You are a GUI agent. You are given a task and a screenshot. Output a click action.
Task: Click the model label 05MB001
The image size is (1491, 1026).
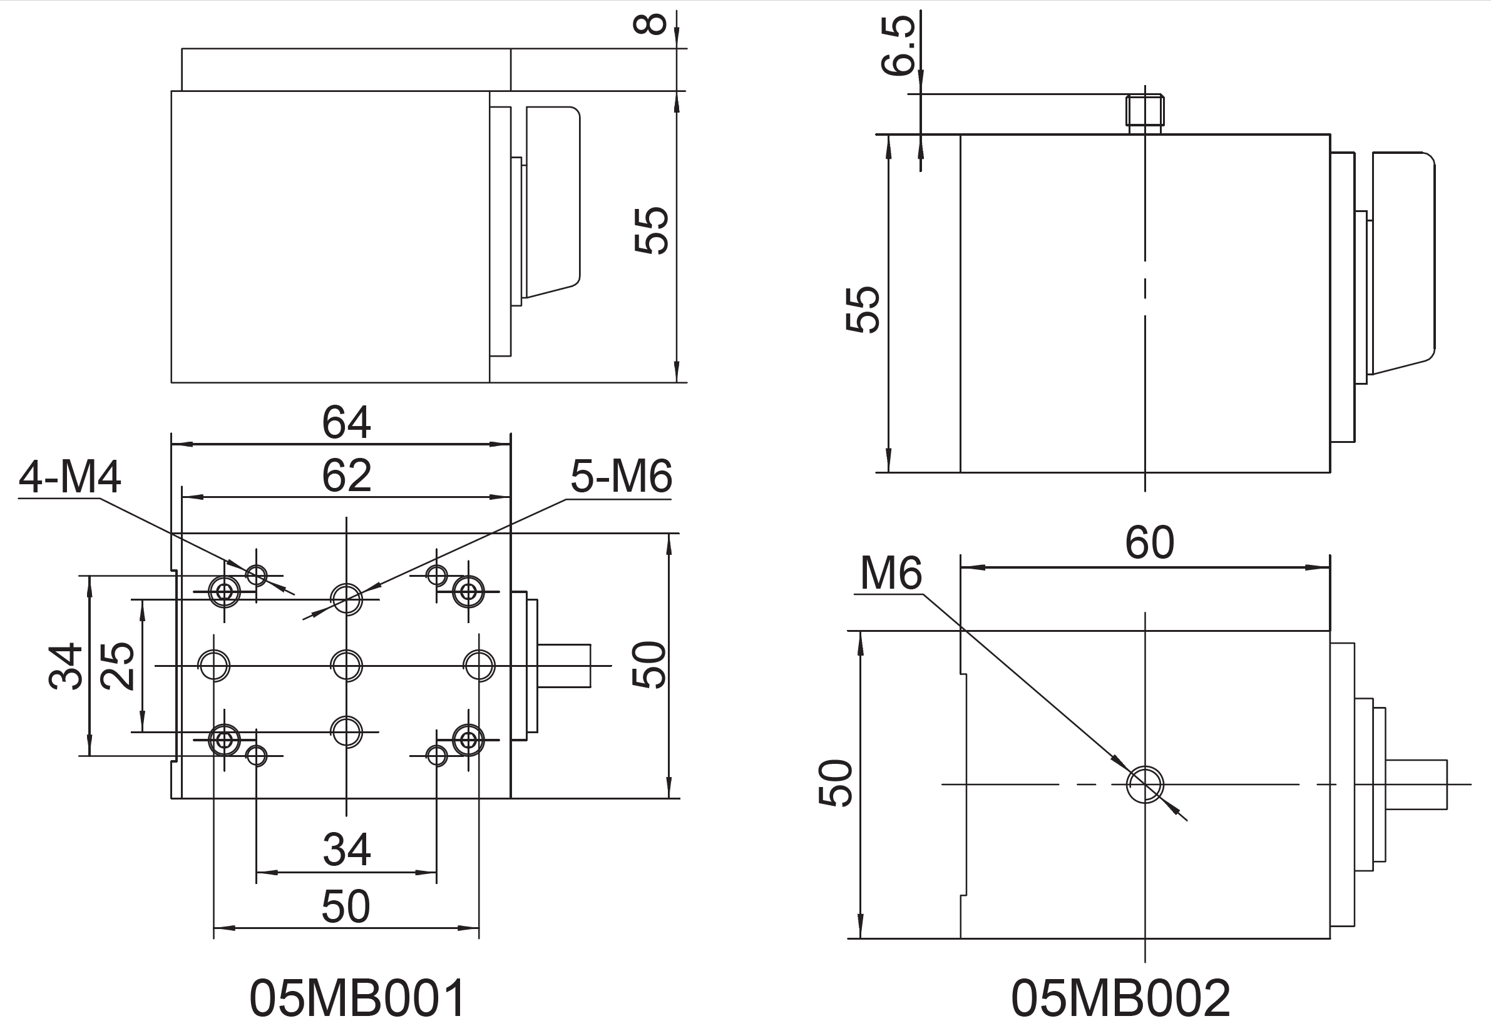[x=357, y=998]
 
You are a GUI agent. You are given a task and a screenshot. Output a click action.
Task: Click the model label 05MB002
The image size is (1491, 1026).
[x=1120, y=998]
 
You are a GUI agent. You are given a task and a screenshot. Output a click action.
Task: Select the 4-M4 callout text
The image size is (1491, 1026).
[x=69, y=477]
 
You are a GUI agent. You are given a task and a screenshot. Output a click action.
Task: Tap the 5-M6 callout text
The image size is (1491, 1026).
[x=621, y=477]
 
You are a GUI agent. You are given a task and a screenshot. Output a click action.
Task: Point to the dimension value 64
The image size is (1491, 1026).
[x=346, y=422]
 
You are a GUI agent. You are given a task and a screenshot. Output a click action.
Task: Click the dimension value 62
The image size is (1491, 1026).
[x=346, y=475]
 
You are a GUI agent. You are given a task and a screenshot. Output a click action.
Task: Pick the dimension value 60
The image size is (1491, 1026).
[x=1149, y=542]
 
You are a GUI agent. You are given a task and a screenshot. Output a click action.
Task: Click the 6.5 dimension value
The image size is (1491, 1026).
[x=899, y=45]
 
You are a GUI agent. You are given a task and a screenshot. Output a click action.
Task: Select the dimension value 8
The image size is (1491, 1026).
[x=650, y=24]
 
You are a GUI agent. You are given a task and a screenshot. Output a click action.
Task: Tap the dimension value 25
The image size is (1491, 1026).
[x=118, y=667]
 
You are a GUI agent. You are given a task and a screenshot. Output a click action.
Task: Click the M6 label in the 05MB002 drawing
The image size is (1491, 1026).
[x=890, y=573]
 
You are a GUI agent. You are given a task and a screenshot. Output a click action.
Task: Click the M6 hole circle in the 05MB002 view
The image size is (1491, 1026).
[x=1145, y=785]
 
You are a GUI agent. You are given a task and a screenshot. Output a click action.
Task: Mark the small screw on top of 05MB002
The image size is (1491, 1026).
[x=1145, y=111]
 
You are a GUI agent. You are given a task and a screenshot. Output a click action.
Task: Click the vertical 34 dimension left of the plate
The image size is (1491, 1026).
[x=66, y=667]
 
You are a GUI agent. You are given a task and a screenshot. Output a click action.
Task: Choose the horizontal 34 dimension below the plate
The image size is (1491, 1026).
[x=346, y=850]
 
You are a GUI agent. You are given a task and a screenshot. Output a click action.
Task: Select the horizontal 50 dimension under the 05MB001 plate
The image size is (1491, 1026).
[x=346, y=907]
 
